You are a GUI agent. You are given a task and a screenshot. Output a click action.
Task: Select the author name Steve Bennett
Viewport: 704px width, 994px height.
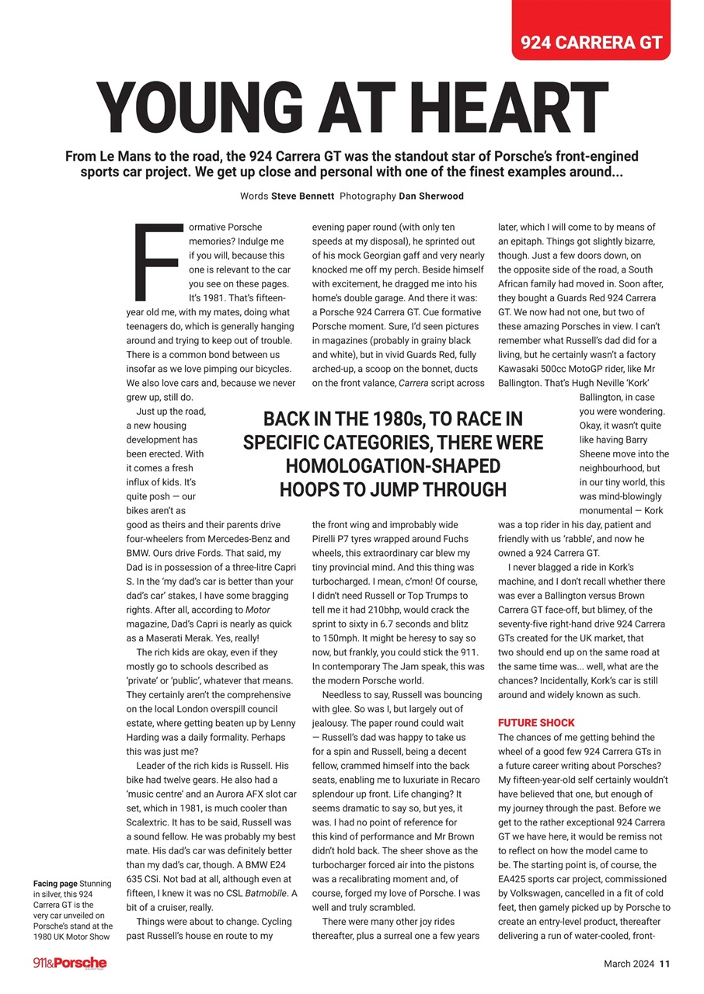[301, 196]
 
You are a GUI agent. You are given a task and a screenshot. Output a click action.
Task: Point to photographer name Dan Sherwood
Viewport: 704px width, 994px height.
[430, 196]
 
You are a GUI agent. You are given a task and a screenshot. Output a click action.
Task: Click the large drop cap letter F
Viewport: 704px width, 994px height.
[159, 261]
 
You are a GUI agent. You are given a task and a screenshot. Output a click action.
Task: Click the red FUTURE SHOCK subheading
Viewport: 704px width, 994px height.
[536, 723]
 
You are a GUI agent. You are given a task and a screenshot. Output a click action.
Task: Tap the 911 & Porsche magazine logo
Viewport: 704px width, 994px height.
[70, 964]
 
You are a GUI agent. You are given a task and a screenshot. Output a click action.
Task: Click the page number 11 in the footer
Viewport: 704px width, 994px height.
[664, 964]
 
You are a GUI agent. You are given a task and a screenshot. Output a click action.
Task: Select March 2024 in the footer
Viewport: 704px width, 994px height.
[629, 964]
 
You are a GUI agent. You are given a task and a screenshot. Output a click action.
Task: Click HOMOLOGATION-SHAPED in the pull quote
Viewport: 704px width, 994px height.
[392, 467]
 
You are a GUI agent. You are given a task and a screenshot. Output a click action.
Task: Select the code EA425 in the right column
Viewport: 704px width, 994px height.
[514, 879]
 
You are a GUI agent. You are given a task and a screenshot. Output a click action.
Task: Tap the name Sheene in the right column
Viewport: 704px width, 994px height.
[598, 454]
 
